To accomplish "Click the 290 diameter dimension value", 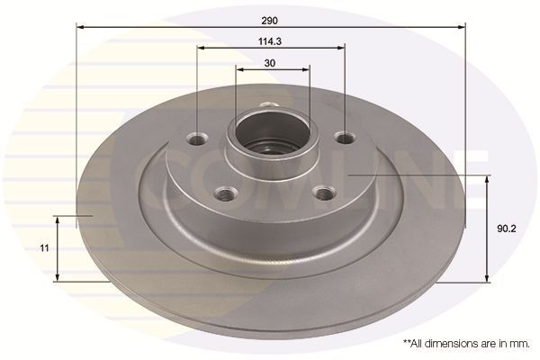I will (x=271, y=17).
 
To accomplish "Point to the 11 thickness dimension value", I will (x=43, y=246).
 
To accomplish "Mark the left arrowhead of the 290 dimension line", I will (x=80, y=27).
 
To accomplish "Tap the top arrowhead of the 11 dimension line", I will (x=59, y=220).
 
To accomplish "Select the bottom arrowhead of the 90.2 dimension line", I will (x=487, y=276).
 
